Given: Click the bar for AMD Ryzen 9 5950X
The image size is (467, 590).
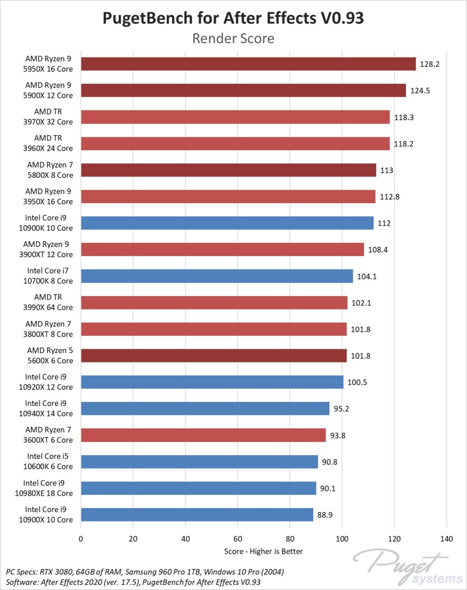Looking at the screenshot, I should tap(248, 64).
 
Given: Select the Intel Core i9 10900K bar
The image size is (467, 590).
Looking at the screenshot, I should tap(227, 223).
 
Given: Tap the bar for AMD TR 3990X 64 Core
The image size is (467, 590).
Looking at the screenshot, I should tap(214, 303).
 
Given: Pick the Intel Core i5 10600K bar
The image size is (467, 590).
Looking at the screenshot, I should tap(199, 461).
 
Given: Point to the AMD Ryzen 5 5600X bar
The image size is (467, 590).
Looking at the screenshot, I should tap(213, 356).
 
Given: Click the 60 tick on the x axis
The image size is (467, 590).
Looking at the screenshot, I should tap(238, 539).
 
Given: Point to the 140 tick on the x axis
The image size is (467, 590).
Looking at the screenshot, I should tap(446, 539).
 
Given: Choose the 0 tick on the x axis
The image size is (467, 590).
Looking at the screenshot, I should tap(81, 539).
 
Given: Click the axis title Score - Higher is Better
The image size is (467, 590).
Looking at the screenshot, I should tap(264, 551).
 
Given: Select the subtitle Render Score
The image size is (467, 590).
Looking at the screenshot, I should tap(233, 38).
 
